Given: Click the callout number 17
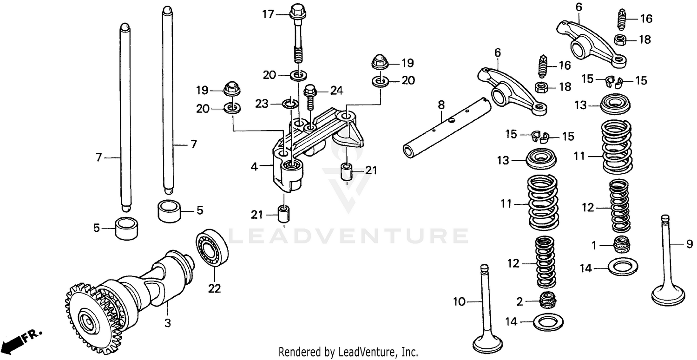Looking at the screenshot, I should click(268, 15).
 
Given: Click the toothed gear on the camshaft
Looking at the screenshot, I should click(88, 316).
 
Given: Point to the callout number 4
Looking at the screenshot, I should click(255, 166).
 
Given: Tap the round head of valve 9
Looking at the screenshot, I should click(668, 295).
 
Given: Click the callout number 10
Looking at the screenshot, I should click(459, 302).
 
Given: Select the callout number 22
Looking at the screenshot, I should click(214, 288).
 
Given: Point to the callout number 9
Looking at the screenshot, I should click(690, 244).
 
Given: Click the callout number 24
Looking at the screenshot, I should click(337, 91).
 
